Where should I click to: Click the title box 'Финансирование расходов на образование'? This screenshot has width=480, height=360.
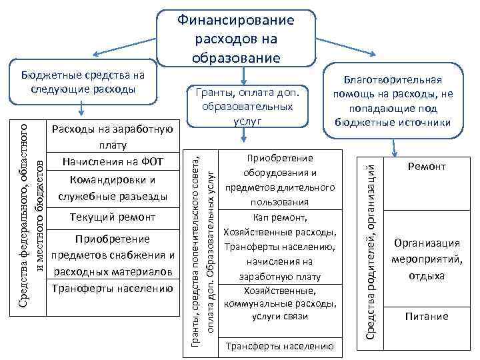click(x=235, y=39)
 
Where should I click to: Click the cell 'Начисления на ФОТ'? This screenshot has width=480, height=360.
click(x=112, y=162)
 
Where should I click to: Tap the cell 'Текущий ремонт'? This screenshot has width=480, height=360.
click(x=112, y=217)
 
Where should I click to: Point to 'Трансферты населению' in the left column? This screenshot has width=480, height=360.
click(x=112, y=288)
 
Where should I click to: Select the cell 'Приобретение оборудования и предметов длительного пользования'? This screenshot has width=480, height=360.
click(x=279, y=180)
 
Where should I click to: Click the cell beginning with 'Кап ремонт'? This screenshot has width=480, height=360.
click(x=279, y=247)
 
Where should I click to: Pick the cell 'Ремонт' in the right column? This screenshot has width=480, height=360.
click(x=427, y=167)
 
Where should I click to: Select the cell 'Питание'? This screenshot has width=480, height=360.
click(x=427, y=317)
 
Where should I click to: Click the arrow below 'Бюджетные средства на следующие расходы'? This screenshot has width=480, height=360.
click(x=81, y=109)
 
